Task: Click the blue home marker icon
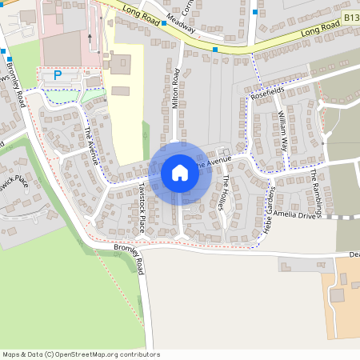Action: [180, 173]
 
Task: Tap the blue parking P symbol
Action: [57, 75]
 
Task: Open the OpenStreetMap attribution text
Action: [80, 354]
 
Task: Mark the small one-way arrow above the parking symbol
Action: [90, 38]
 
